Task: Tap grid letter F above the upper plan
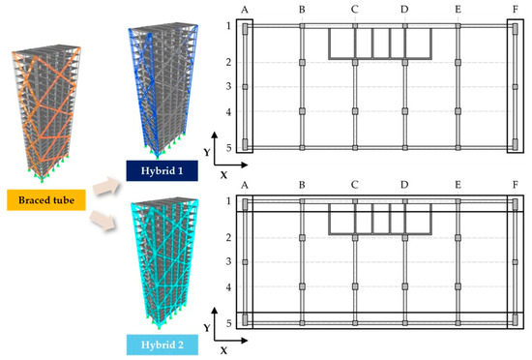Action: click(x=515, y=9)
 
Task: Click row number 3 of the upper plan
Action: click(x=228, y=87)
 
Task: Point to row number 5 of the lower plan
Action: click(x=228, y=323)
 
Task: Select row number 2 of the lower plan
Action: click(x=228, y=237)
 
